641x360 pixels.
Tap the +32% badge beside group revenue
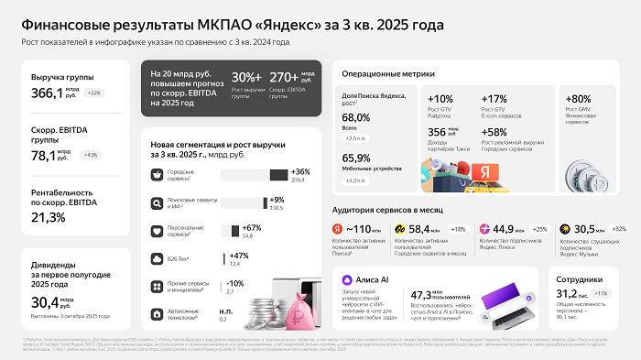93,93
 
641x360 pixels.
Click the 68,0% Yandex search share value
355,118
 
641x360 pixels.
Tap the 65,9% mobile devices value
355,158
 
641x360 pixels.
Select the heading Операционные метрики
388,73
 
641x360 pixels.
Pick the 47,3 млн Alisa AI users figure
433,296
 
